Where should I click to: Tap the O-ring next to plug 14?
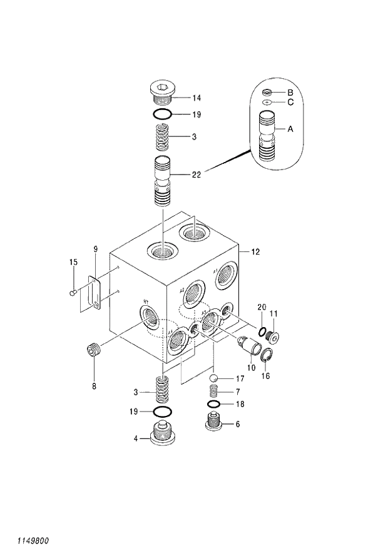point(162,114)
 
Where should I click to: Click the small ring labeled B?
point(267,92)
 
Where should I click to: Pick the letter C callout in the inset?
point(290,102)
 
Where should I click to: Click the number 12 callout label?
point(255,252)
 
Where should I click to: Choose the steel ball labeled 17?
point(213,378)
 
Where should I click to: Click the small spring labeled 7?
point(213,392)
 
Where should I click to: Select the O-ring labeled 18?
point(213,404)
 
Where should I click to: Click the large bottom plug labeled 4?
point(161,433)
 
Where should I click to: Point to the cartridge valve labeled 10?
point(248,345)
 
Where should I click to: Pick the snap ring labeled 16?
point(265,358)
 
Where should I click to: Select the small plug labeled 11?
point(273,336)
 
